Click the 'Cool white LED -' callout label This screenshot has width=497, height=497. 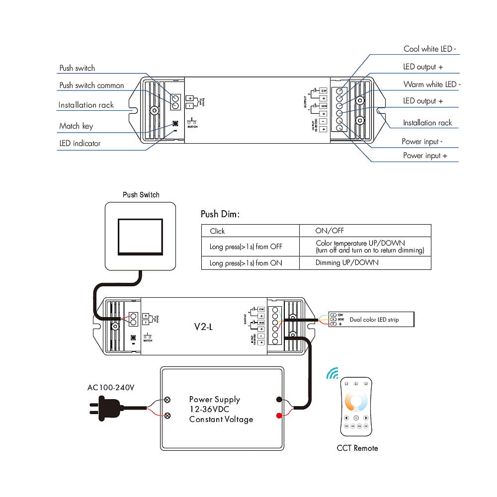[x=429, y=49]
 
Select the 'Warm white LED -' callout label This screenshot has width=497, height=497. [x=431, y=84]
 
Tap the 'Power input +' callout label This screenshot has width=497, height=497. [x=424, y=156]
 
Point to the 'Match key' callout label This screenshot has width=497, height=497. [x=76, y=126]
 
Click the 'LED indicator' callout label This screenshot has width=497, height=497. [x=80, y=143]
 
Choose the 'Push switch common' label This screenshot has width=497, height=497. [x=91, y=85]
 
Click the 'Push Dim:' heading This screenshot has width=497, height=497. [x=220, y=214]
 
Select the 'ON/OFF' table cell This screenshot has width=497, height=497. [x=330, y=231]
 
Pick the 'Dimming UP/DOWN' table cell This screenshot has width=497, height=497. [x=347, y=262]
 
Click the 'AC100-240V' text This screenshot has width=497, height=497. [x=111, y=387]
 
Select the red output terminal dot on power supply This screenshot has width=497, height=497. [x=279, y=415]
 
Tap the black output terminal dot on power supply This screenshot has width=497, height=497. [x=279, y=399]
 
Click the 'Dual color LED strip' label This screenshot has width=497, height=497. [x=374, y=320]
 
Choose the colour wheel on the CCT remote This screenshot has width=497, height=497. [x=356, y=401]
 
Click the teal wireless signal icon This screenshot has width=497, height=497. [x=332, y=373]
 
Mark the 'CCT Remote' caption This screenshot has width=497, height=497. [x=357, y=448]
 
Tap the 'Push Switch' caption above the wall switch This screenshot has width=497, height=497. [x=141, y=195]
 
